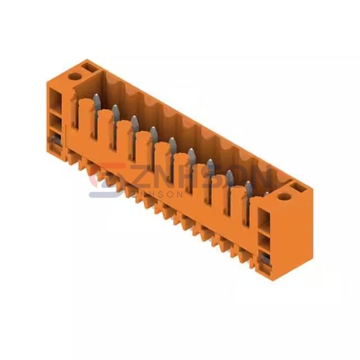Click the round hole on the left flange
click(74, 76)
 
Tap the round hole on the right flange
click(284, 197)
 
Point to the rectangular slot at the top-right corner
click(299, 187)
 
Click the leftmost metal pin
click(97, 104)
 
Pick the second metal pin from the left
click(115, 115)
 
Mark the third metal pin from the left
click(134, 125)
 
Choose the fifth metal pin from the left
click(173, 147)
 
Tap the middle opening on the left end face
click(55, 122)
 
